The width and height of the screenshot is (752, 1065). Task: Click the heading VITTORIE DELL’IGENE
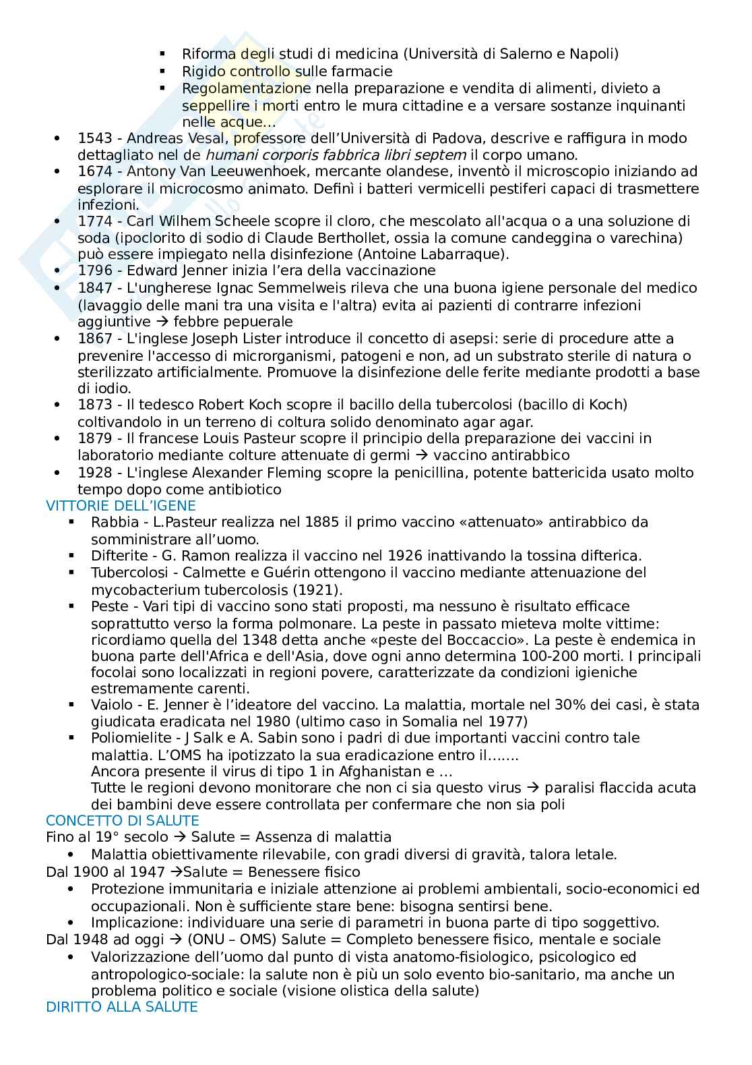click(121, 505)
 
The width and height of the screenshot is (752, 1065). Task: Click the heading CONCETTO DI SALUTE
click(122, 820)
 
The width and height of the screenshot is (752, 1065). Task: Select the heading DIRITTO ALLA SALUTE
click(121, 1006)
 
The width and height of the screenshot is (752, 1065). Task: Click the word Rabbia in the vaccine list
click(111, 522)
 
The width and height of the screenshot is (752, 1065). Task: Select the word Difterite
click(119, 556)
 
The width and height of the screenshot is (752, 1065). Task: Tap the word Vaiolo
click(111, 705)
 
